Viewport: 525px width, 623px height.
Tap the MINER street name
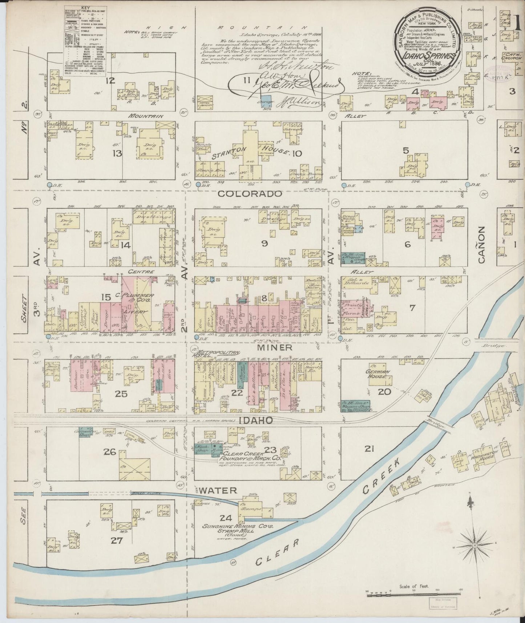click(x=275, y=347)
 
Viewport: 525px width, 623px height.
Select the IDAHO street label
click(x=256, y=421)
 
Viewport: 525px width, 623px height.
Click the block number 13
click(x=117, y=153)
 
